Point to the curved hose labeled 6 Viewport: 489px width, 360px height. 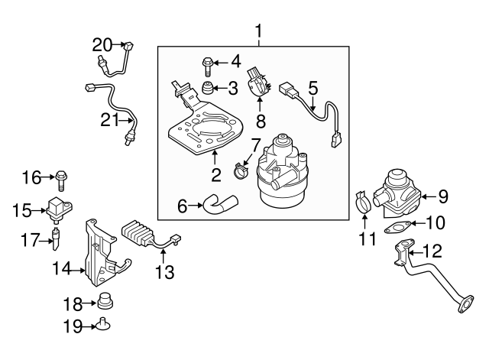(220, 203)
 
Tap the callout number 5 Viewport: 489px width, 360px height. (312, 89)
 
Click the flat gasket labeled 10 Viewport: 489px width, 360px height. (397, 227)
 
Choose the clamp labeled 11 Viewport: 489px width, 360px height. (366, 205)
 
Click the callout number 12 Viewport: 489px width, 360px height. (432, 250)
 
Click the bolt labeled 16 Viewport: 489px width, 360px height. (60, 180)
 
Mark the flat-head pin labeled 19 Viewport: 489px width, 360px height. (105, 326)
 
